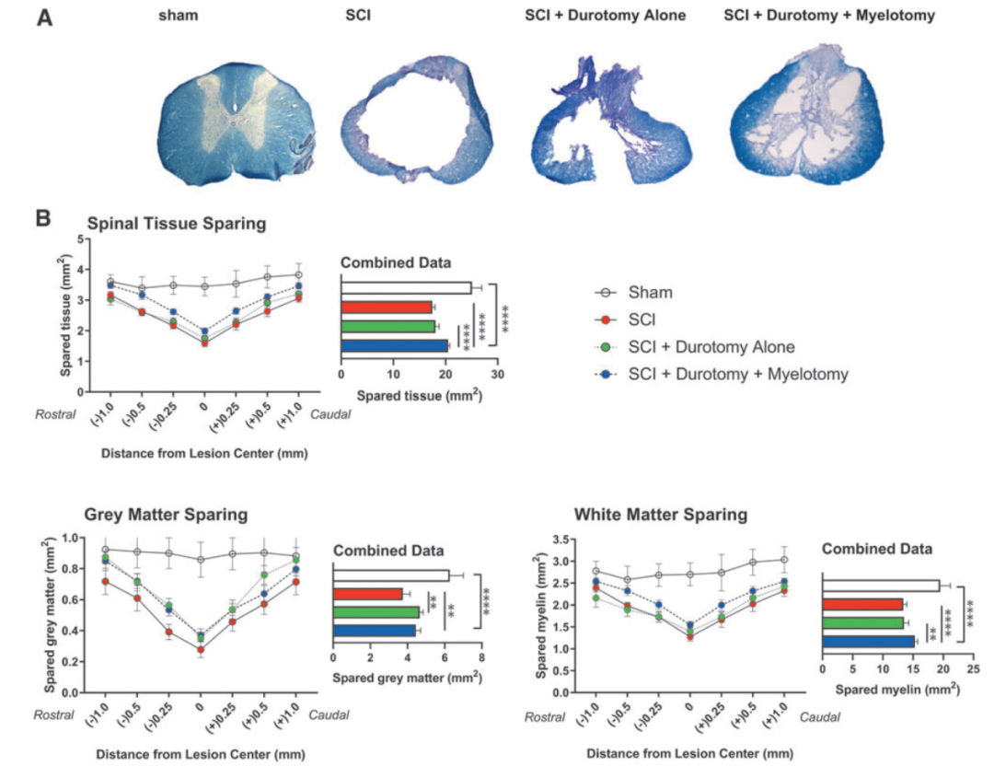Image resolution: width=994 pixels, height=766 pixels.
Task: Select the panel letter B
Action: coord(42,220)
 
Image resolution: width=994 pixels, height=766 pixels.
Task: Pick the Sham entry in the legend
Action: coord(648,293)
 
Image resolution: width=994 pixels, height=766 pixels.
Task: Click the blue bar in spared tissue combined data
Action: coord(395,346)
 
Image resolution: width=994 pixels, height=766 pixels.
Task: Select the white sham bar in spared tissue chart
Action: coord(406,287)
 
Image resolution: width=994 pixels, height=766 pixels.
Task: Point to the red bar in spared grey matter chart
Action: coord(368,594)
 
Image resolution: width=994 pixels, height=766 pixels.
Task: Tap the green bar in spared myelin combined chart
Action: coord(863,622)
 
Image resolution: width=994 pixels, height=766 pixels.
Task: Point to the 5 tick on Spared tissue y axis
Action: coord(82,239)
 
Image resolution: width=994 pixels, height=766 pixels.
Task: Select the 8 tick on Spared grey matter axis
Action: coord(480,660)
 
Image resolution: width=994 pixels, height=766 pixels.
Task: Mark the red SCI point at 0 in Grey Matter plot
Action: coord(201,649)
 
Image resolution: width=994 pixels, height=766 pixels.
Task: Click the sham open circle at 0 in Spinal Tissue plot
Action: coord(204,286)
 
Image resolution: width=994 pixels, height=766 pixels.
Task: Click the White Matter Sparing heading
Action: coord(660,514)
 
